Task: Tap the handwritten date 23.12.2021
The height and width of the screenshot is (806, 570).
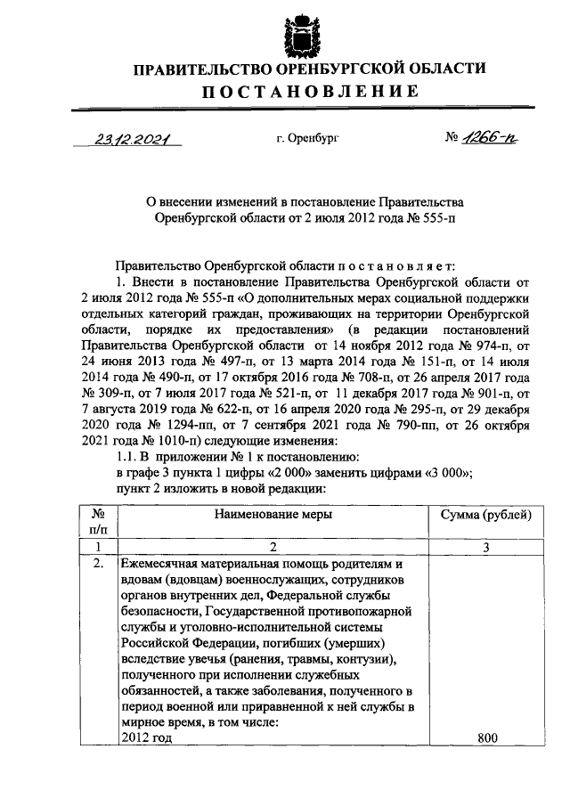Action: [x=130, y=140]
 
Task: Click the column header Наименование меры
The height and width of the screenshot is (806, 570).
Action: [x=273, y=515]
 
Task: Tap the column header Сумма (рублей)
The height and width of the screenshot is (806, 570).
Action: [x=486, y=515]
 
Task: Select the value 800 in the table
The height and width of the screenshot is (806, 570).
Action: [x=486, y=738]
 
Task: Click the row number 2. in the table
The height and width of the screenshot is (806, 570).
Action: [x=100, y=564]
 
